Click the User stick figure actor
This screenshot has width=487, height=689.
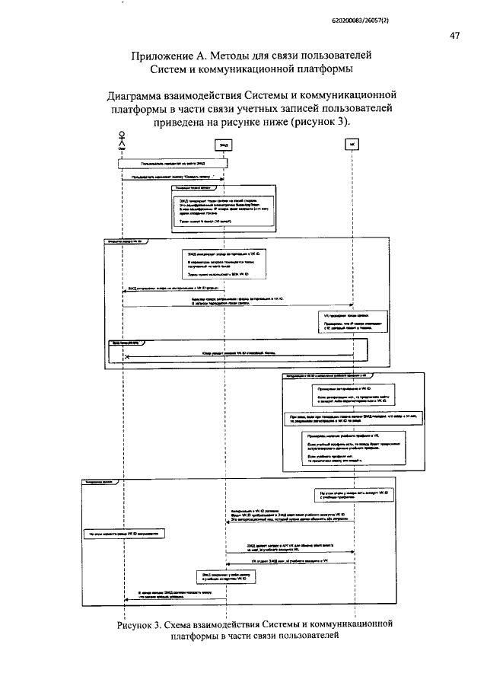click(121, 139)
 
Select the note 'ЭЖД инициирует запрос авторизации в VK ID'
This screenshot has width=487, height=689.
click(226, 264)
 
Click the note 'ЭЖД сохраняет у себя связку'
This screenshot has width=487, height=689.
click(225, 576)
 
